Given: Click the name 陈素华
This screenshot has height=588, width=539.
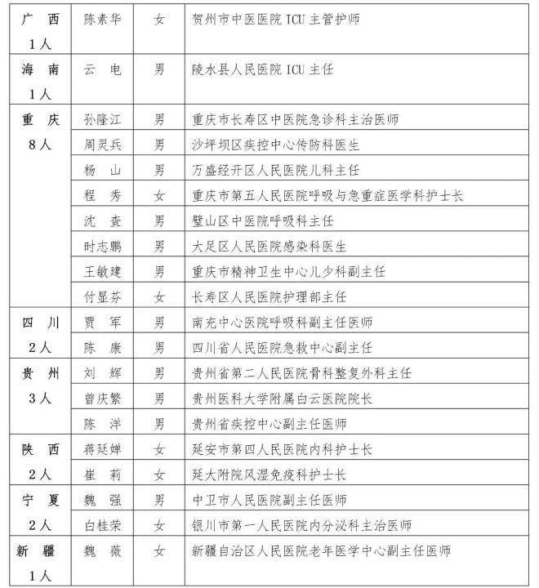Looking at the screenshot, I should pos(103,19).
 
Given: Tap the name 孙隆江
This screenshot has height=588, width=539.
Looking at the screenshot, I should pos(103,119).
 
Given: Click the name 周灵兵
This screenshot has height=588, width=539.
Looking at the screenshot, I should pos(103,145).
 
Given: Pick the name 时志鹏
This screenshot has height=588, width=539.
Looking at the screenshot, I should pos(103,246).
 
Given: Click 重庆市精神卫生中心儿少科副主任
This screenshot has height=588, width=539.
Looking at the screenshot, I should pos(287,271).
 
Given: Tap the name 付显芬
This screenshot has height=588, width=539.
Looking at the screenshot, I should pos(103,296).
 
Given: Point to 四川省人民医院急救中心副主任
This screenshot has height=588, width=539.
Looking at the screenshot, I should pos(282,347).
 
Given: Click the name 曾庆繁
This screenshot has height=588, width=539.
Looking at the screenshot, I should pos(103,398).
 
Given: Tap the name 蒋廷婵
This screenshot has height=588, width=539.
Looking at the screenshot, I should pos(103,449).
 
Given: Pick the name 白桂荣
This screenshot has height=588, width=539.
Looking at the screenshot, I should pos(103,525).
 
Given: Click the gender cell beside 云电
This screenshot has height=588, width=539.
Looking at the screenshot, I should pos(159,69).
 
